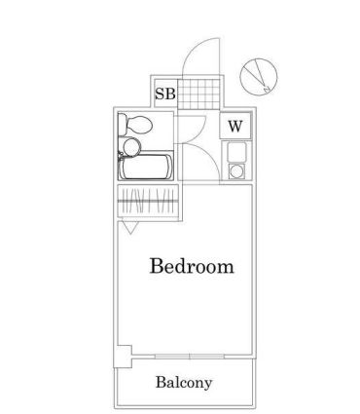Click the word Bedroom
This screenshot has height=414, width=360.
point(191,266)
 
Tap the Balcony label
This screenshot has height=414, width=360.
point(184,383)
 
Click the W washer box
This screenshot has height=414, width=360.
point(235,125)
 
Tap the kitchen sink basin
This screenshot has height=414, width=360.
point(235,152)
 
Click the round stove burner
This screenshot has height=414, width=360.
point(235,172)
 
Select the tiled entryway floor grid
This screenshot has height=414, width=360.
point(201,94)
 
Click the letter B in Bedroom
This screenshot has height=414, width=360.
point(157,266)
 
